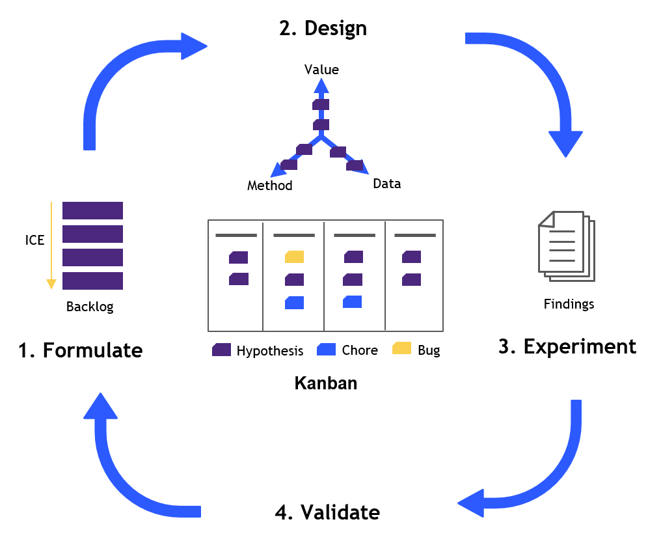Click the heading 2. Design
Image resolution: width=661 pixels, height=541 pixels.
coord(323,29)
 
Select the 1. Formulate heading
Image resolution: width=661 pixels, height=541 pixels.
coord(80,350)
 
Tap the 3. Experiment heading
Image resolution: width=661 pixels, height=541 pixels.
coord(567,346)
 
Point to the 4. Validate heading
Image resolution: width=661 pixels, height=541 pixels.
coord(327,512)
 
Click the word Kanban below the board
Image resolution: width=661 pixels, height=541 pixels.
coord(326,383)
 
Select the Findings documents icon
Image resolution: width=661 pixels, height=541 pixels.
coord(566,246)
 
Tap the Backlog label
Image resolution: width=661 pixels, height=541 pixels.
coord(90,307)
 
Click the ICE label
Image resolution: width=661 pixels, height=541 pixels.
coord(34,240)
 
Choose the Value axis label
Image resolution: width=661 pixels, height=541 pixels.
coord(321,69)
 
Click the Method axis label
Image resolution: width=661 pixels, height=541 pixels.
coord(269,186)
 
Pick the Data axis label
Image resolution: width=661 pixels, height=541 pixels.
coord(386,184)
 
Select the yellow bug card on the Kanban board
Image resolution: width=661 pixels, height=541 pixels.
coord(294,257)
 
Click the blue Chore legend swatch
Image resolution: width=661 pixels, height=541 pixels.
coord(326,350)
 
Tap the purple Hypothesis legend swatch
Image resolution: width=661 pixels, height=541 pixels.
coord(222,350)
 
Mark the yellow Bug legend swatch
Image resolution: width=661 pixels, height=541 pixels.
coord(401,349)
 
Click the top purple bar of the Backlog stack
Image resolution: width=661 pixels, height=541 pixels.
coord(92,210)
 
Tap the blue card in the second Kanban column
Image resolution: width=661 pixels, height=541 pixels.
coord(294,302)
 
